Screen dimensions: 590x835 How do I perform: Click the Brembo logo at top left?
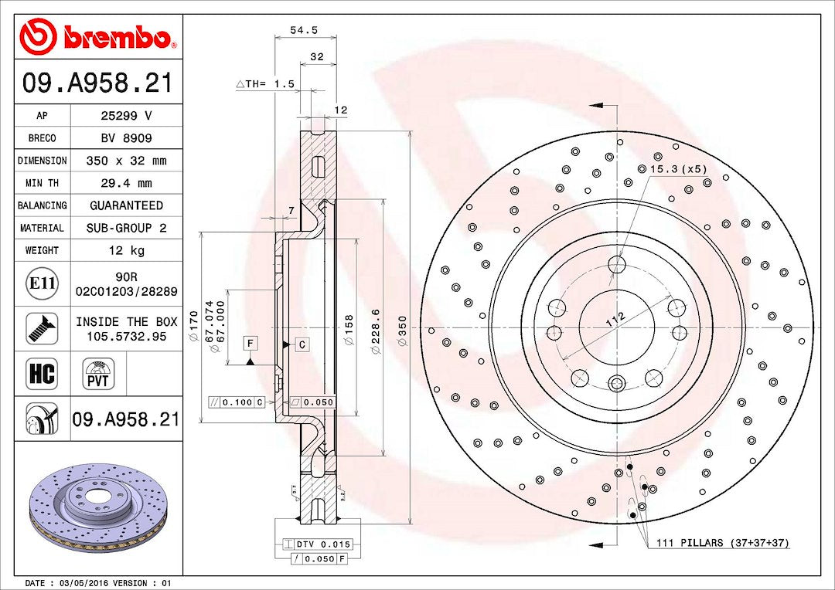(x=97, y=36)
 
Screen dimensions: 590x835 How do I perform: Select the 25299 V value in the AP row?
(x=126, y=116)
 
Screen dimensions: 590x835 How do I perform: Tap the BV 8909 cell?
(x=126, y=138)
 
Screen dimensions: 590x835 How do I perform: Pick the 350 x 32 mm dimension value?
(x=126, y=161)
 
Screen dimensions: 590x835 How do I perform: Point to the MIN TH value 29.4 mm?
(x=126, y=183)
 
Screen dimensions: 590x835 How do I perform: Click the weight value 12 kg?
(x=126, y=250)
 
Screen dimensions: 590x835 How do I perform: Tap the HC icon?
(x=42, y=374)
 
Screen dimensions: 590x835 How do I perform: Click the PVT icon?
(x=98, y=374)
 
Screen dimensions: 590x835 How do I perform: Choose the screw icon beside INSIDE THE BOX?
(x=42, y=328)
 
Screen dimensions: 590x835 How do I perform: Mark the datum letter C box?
(x=302, y=344)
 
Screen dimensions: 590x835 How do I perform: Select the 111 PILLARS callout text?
(x=722, y=543)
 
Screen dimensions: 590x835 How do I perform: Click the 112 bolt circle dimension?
(x=615, y=320)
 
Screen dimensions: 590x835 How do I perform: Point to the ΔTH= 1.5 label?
(x=265, y=84)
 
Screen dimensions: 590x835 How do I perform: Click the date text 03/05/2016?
(x=81, y=583)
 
